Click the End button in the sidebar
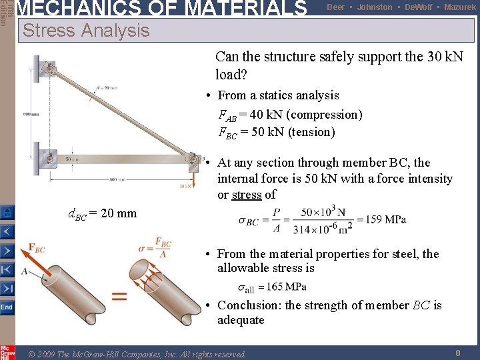(x=7, y=307)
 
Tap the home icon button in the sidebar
(x=7, y=213)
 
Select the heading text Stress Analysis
(x=86, y=31)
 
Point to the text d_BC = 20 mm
(x=103, y=214)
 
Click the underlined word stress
(x=246, y=195)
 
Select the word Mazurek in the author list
(x=460, y=7)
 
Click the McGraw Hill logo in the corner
(x=7, y=351)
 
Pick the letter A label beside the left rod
(x=24, y=271)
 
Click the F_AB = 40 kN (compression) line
(x=291, y=115)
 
